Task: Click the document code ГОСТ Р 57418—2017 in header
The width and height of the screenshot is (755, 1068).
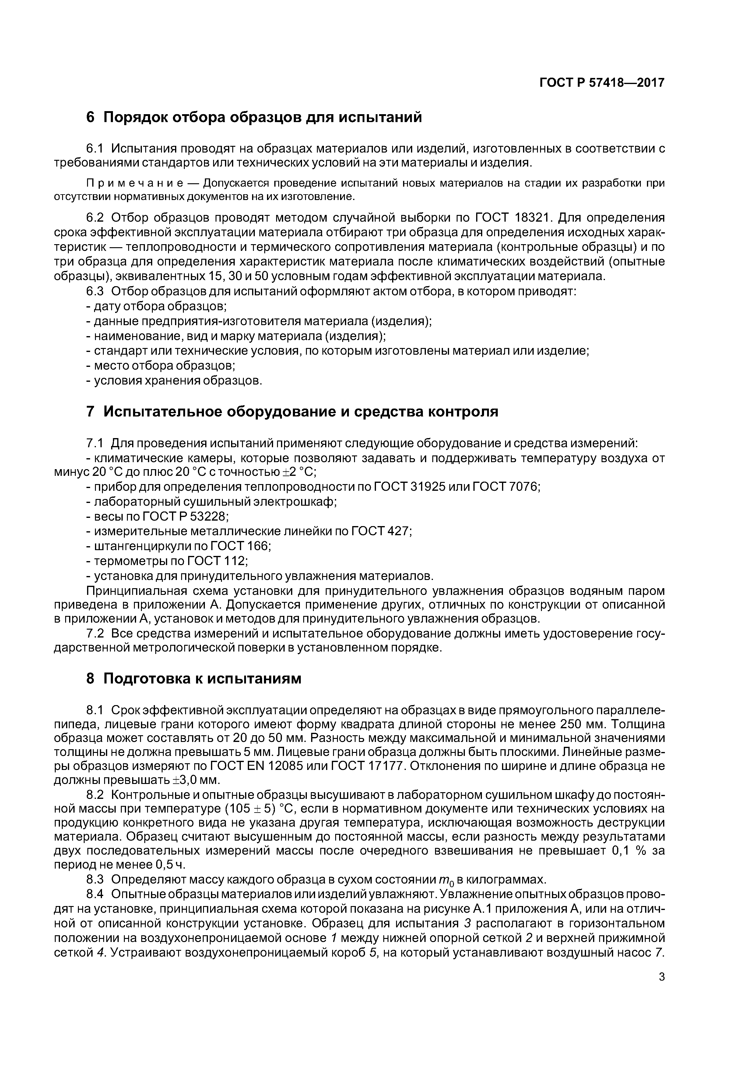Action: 602,83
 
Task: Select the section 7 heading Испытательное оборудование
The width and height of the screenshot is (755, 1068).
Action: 292,412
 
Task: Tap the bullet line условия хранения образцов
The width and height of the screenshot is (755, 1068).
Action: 174,381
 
